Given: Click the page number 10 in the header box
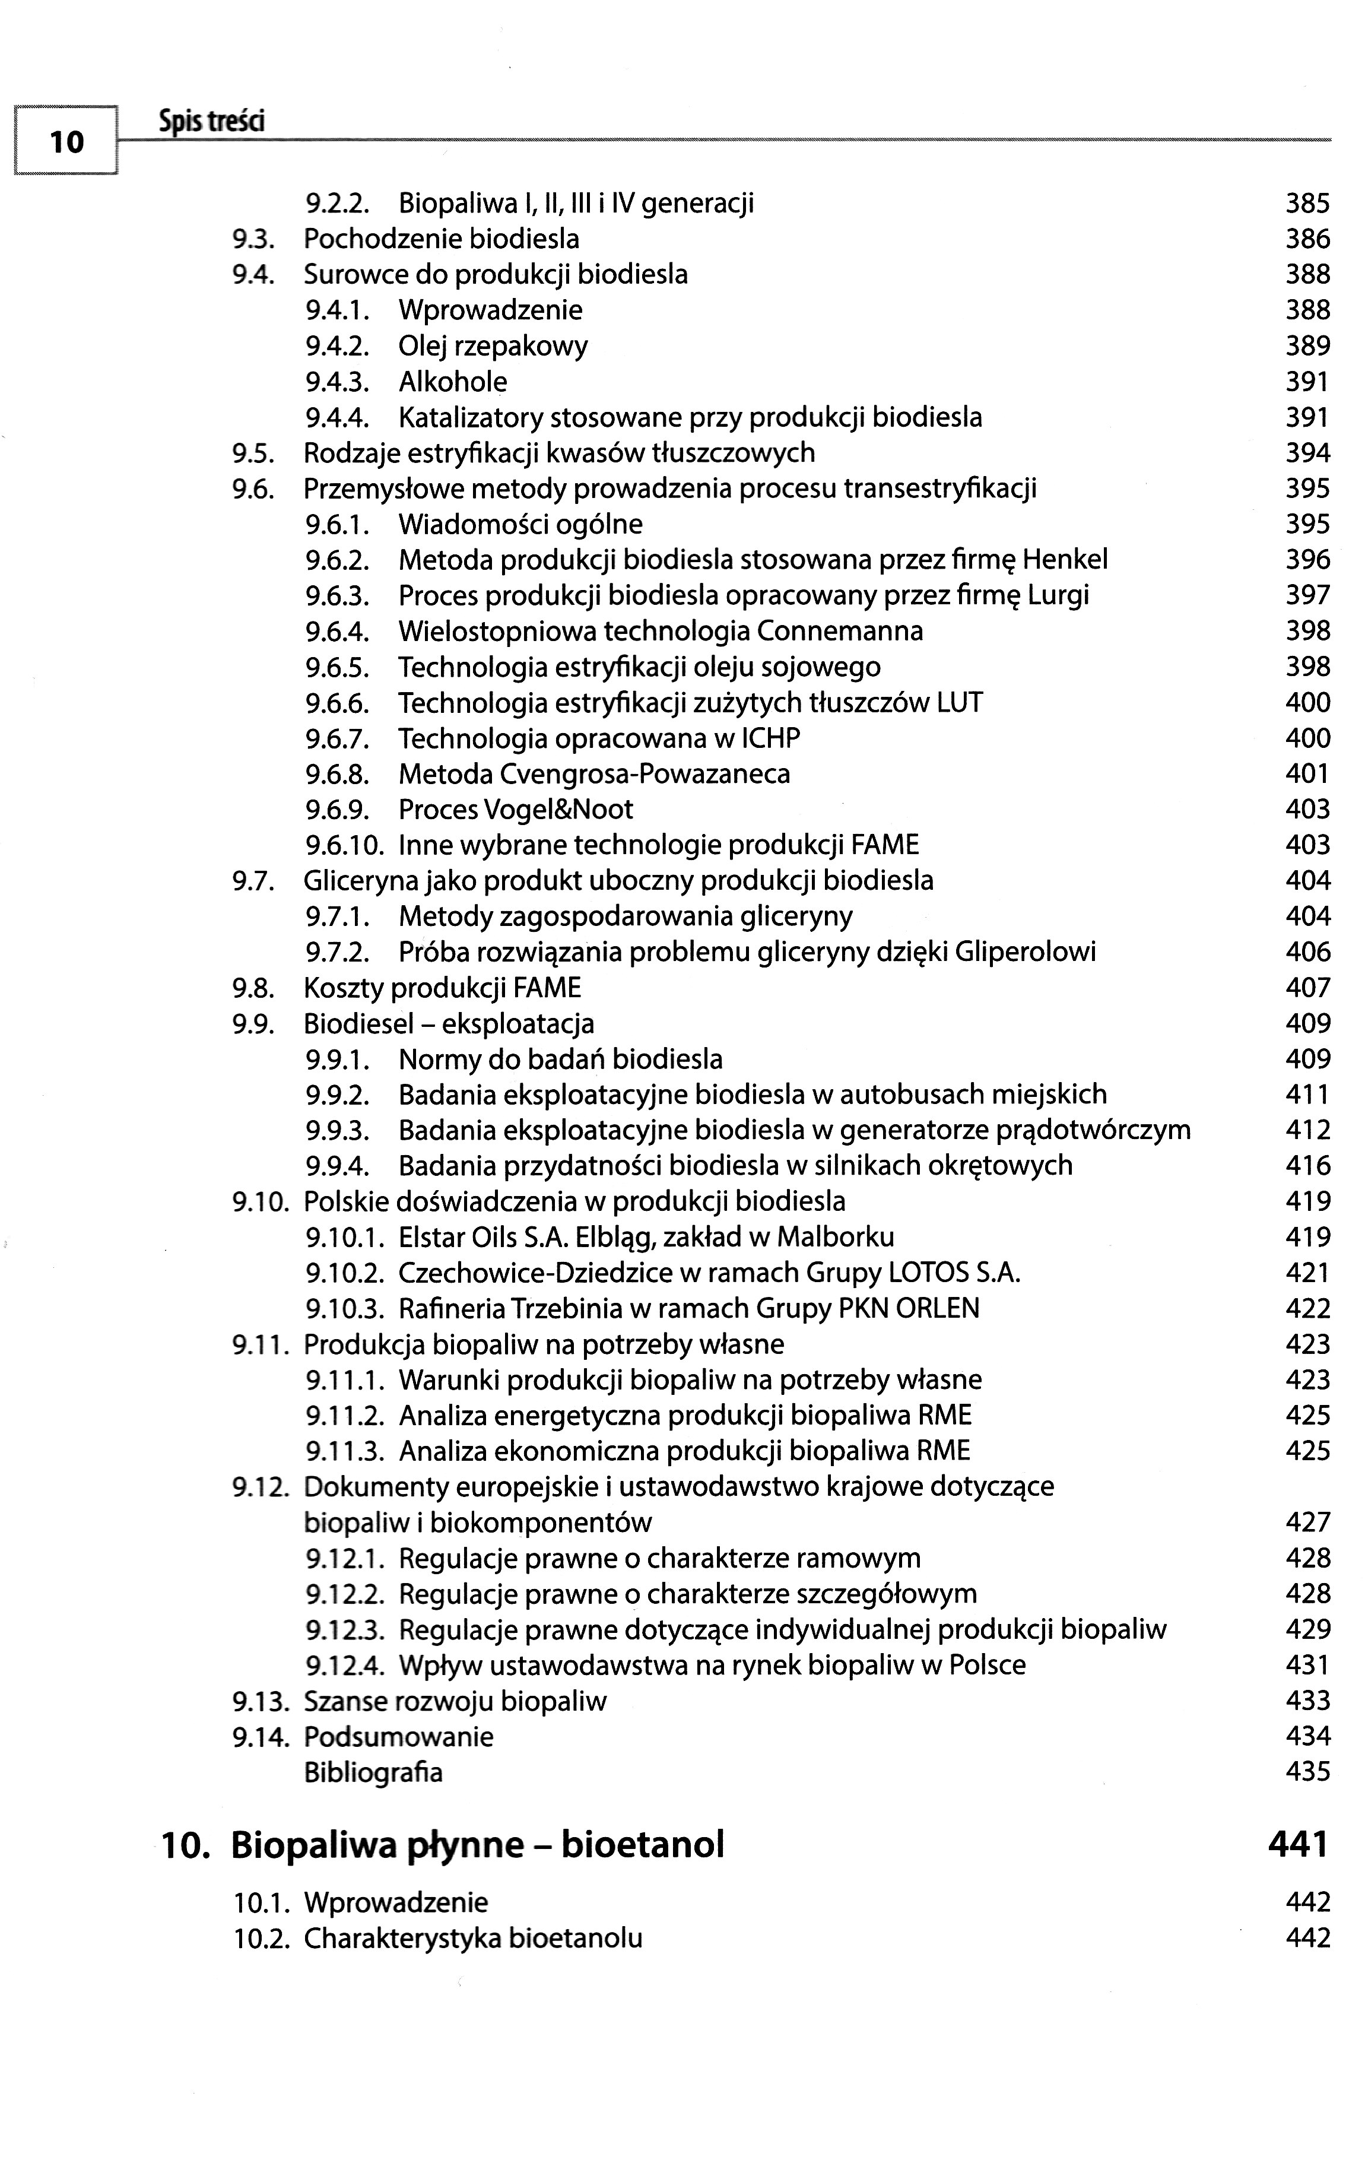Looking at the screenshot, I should [66, 142].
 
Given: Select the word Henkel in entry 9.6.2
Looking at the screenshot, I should [1065, 560].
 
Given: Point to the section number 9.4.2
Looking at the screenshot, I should [337, 346].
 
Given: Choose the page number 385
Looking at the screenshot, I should [1307, 204].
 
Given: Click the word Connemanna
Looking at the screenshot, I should [839, 632].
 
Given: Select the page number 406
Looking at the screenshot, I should [1307, 951].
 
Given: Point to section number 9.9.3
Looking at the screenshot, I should [337, 1130].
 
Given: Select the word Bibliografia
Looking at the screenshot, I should [373, 1774].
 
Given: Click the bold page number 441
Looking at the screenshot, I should [1298, 1845].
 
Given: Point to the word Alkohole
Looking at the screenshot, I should [453, 382].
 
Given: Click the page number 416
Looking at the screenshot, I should [1307, 1166].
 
